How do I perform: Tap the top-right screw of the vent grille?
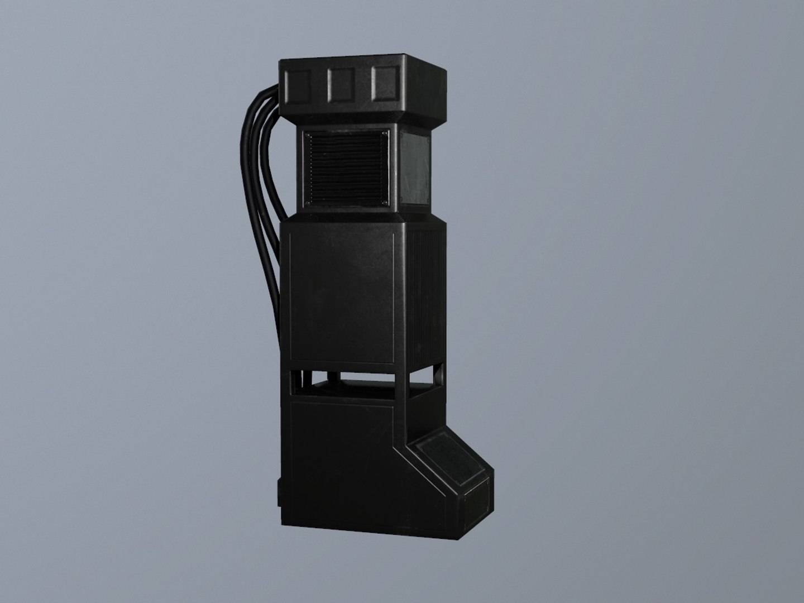tap(385, 133)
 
